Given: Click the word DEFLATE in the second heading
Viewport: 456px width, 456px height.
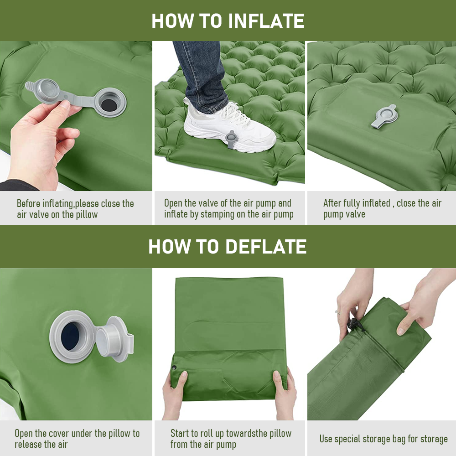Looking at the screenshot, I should [x=266, y=247].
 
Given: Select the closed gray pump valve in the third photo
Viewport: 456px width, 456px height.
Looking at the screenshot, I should [x=384, y=115].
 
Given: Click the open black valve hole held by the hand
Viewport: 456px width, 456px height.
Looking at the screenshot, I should [x=109, y=103].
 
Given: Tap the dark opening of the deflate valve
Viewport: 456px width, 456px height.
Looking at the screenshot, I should [x=71, y=336].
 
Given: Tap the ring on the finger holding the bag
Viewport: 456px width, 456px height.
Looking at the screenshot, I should [x=337, y=312].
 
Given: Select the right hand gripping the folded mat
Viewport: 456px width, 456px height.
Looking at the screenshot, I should [x=285, y=390].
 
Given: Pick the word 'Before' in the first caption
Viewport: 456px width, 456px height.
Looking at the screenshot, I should [x=29, y=203].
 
